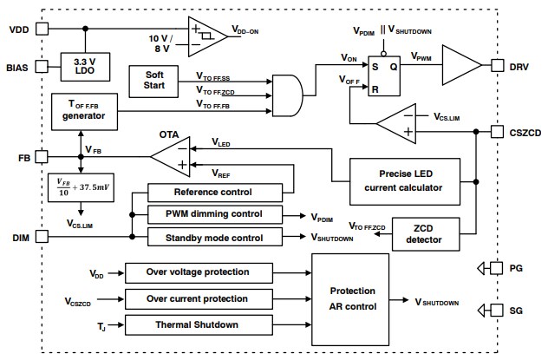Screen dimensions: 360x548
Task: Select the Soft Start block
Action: coord(153,81)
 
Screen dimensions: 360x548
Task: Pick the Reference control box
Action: coord(214,193)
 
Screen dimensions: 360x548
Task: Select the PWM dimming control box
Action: coord(214,215)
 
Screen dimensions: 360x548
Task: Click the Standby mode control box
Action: coord(214,237)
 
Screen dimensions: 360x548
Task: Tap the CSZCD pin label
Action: coord(523,132)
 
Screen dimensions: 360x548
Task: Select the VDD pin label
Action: coord(19,29)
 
